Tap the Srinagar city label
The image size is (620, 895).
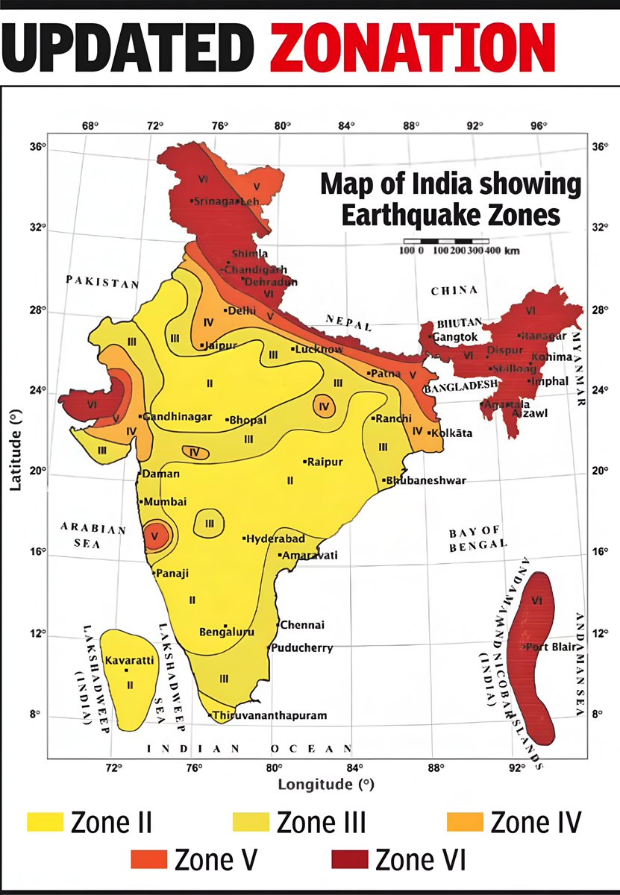pyautogui.click(x=215, y=201)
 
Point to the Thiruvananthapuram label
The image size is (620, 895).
pyautogui.click(x=269, y=716)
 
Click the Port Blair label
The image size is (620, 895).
pyautogui.click(x=551, y=647)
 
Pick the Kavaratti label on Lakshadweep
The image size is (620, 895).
pyautogui.click(x=130, y=661)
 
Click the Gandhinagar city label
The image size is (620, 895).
pyautogui.click(x=178, y=417)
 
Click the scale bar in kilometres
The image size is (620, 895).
pyautogui.click(x=446, y=242)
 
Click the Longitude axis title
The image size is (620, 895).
pyautogui.click(x=325, y=785)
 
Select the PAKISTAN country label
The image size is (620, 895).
pyautogui.click(x=101, y=283)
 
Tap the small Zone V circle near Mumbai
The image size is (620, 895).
pyautogui.click(x=155, y=535)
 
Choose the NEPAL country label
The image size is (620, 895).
pyautogui.click(x=348, y=321)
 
